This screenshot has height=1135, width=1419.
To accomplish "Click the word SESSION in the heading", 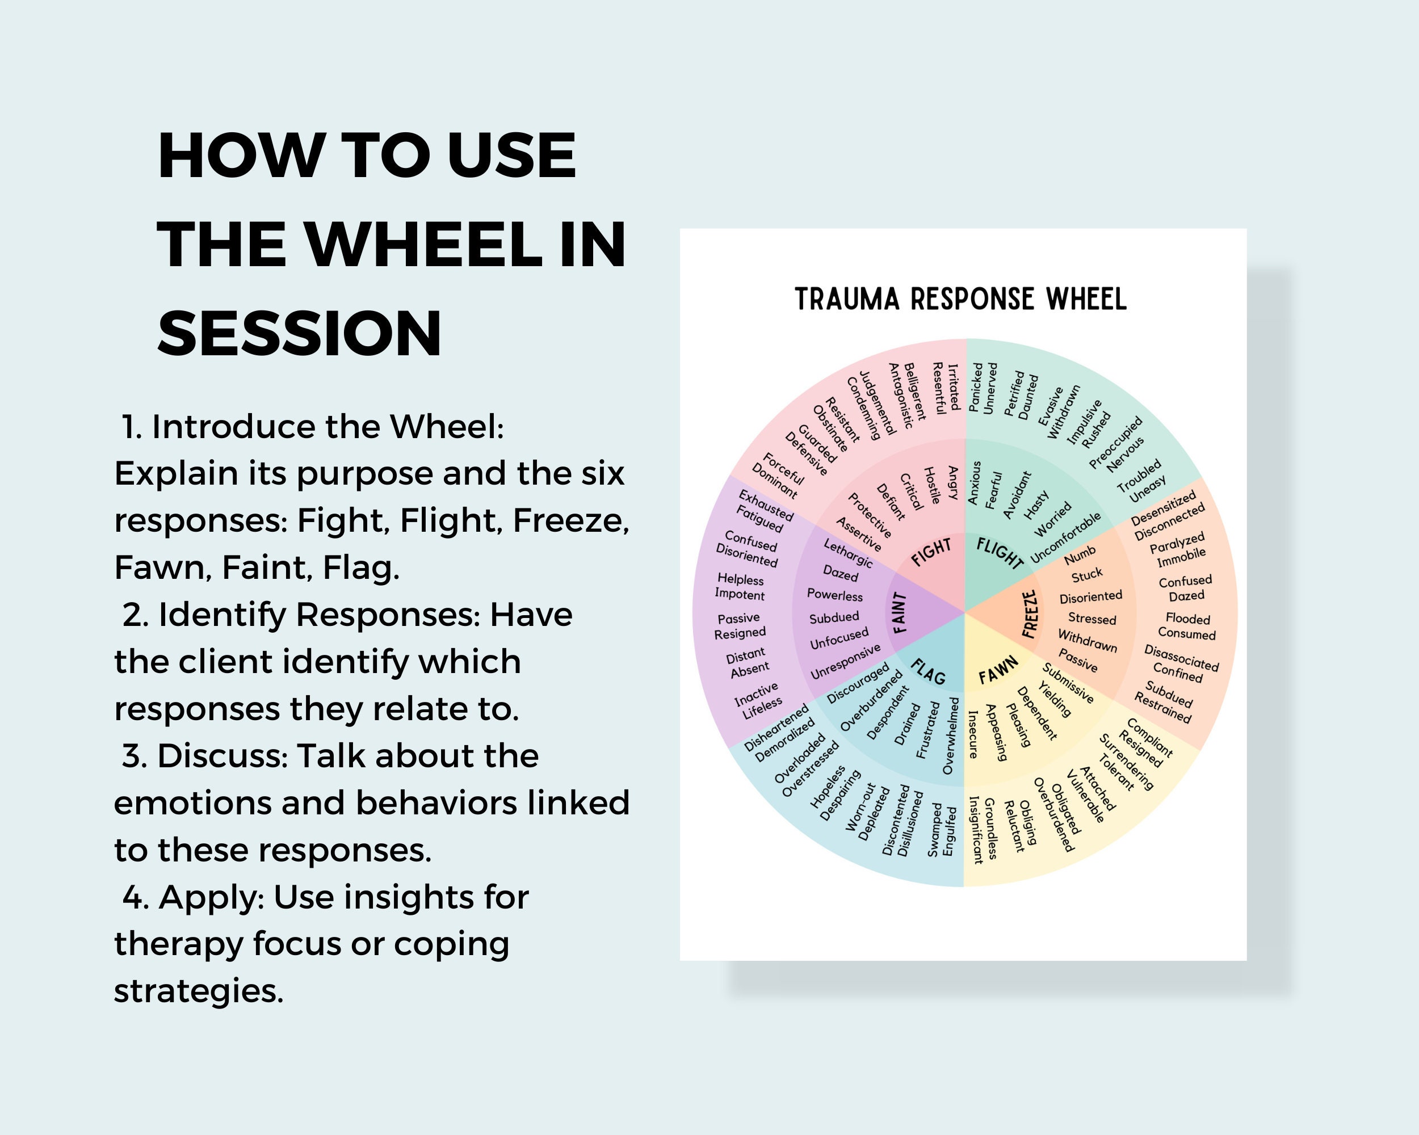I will click(x=300, y=334).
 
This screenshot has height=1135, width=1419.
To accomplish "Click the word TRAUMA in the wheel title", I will click(x=846, y=300).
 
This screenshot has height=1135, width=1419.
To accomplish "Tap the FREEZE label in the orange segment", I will click(x=1030, y=614).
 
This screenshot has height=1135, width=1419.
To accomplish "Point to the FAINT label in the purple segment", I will click(x=900, y=612).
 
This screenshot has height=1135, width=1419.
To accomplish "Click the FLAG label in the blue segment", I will click(x=929, y=672).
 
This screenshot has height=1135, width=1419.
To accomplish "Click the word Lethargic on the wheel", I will click(x=848, y=553).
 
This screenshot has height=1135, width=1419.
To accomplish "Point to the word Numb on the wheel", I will click(x=1080, y=556).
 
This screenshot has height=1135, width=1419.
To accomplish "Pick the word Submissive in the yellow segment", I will click(x=1068, y=683).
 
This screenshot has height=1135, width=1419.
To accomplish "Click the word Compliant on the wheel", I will click(x=1150, y=737).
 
